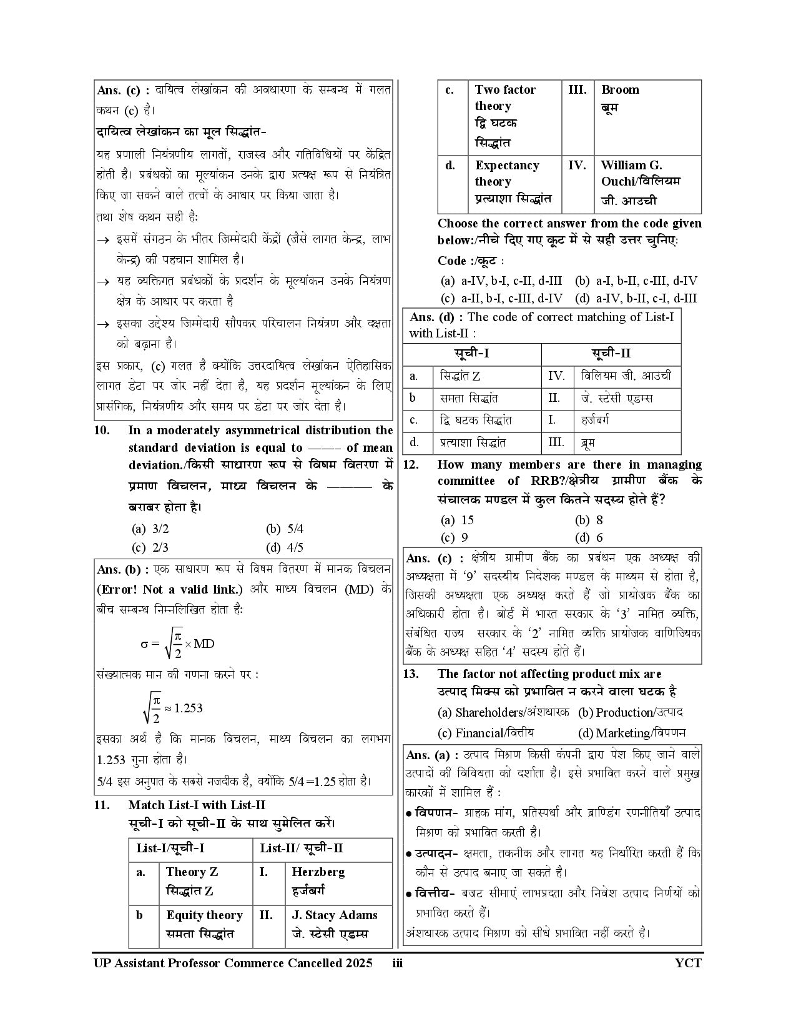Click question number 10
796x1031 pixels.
(x=102, y=431)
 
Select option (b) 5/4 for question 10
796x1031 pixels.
(x=285, y=529)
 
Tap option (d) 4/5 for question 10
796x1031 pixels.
(x=285, y=548)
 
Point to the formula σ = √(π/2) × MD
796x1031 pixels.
(x=178, y=644)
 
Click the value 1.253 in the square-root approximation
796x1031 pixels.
(x=188, y=708)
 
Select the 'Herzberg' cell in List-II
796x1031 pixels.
(x=318, y=880)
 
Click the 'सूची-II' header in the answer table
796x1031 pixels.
(x=611, y=353)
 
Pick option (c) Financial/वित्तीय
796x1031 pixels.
(x=486, y=733)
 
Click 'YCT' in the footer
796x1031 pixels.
(x=688, y=963)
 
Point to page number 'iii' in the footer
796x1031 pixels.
(x=397, y=963)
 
